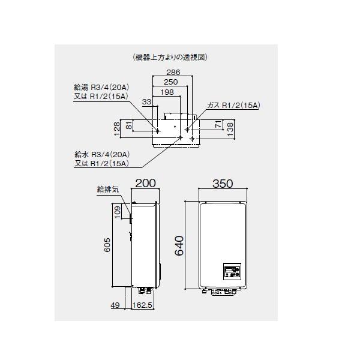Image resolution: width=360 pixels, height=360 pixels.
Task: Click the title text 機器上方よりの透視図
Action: pyautogui.click(x=173, y=58)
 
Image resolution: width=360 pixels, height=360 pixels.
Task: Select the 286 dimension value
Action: pyautogui.click(x=173, y=72)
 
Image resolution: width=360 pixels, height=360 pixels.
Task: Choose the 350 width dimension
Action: pyautogui.click(x=221, y=184)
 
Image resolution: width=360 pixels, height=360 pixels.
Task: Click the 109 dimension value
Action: pyautogui.click(x=118, y=211)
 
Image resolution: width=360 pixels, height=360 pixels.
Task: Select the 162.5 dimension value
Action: pyautogui.click(x=144, y=305)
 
